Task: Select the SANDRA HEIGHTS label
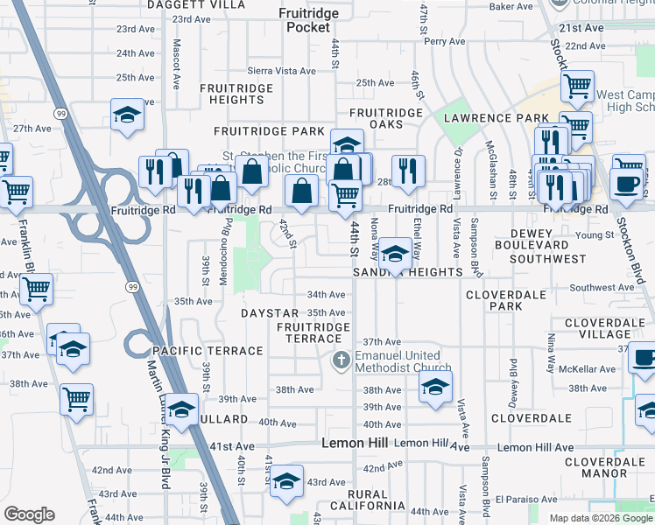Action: pos(407,272)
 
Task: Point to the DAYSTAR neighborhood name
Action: pos(270,312)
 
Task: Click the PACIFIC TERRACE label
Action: pos(208,351)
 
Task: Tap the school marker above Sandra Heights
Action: pos(395,254)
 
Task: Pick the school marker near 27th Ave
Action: pos(128,115)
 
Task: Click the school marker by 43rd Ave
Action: pos(285,481)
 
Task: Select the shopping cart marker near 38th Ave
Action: pos(76,400)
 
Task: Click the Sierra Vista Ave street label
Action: pos(273,70)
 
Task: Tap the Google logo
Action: pos(30,514)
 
